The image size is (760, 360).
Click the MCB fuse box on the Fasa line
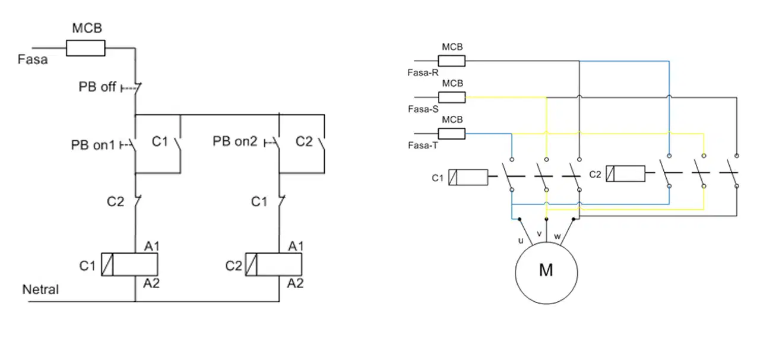click(85, 48)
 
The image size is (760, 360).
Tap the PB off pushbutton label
click(97, 87)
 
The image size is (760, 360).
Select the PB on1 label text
click(93, 145)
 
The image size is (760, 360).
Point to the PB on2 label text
click(235, 141)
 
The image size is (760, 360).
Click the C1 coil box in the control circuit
click(129, 264)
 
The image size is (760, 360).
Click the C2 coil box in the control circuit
click(274, 264)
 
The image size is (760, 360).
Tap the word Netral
click(40, 289)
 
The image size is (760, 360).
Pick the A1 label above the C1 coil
click(151, 246)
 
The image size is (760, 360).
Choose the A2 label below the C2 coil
click(295, 283)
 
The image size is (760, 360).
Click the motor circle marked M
click(546, 273)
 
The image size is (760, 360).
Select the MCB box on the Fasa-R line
click(452, 61)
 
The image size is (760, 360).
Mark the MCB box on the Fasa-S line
click(452, 97)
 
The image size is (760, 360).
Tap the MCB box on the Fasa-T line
click(452, 134)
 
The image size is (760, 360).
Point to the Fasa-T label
click(423, 146)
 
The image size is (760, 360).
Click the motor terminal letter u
click(521, 241)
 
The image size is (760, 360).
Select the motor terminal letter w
click(557, 236)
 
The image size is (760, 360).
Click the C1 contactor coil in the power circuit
click(468, 177)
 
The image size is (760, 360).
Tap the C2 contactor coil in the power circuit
click(626, 173)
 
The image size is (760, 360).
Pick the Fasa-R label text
click(423, 72)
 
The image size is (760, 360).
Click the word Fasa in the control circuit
click(33, 59)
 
